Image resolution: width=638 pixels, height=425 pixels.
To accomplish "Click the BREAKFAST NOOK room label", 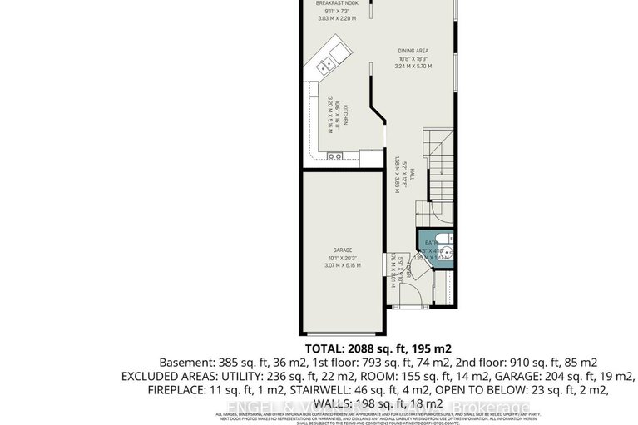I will point(336,4).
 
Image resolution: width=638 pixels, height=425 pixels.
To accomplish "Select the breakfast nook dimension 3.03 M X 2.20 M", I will point(336,17).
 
